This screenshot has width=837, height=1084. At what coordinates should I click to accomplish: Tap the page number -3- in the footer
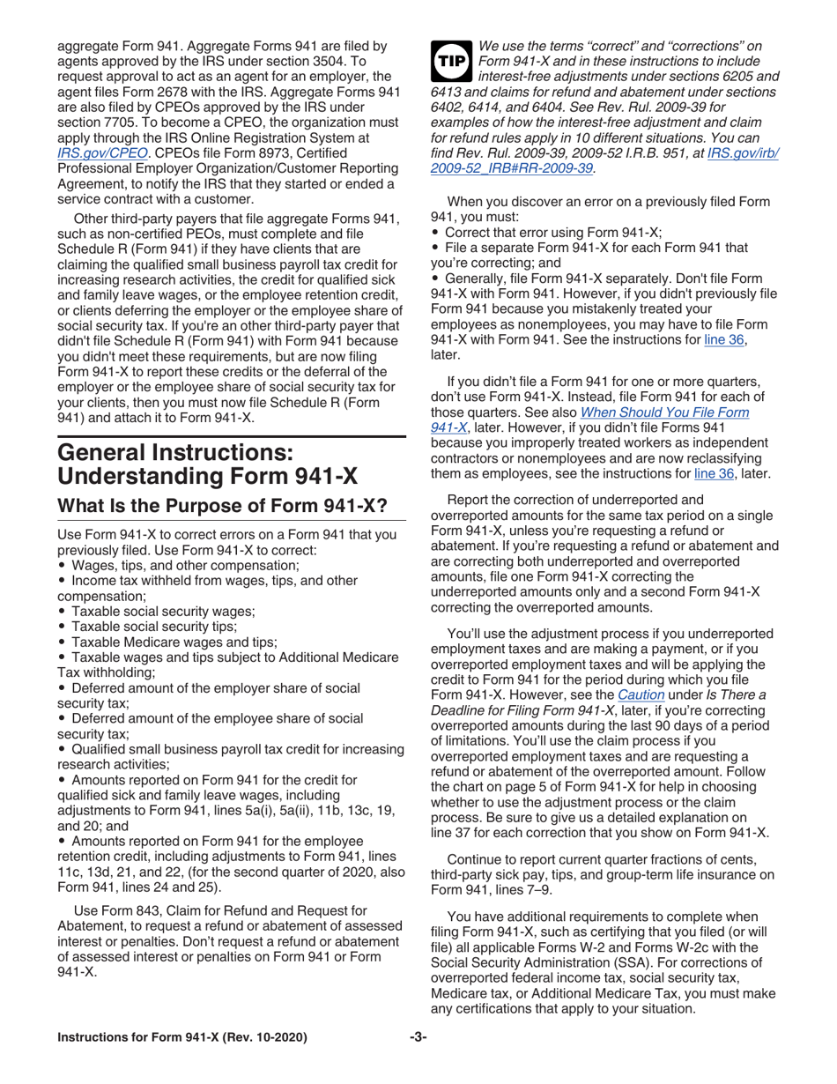[x=418, y=1037]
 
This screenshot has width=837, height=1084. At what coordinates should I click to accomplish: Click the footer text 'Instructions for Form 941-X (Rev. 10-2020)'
[x=181, y=1037]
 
